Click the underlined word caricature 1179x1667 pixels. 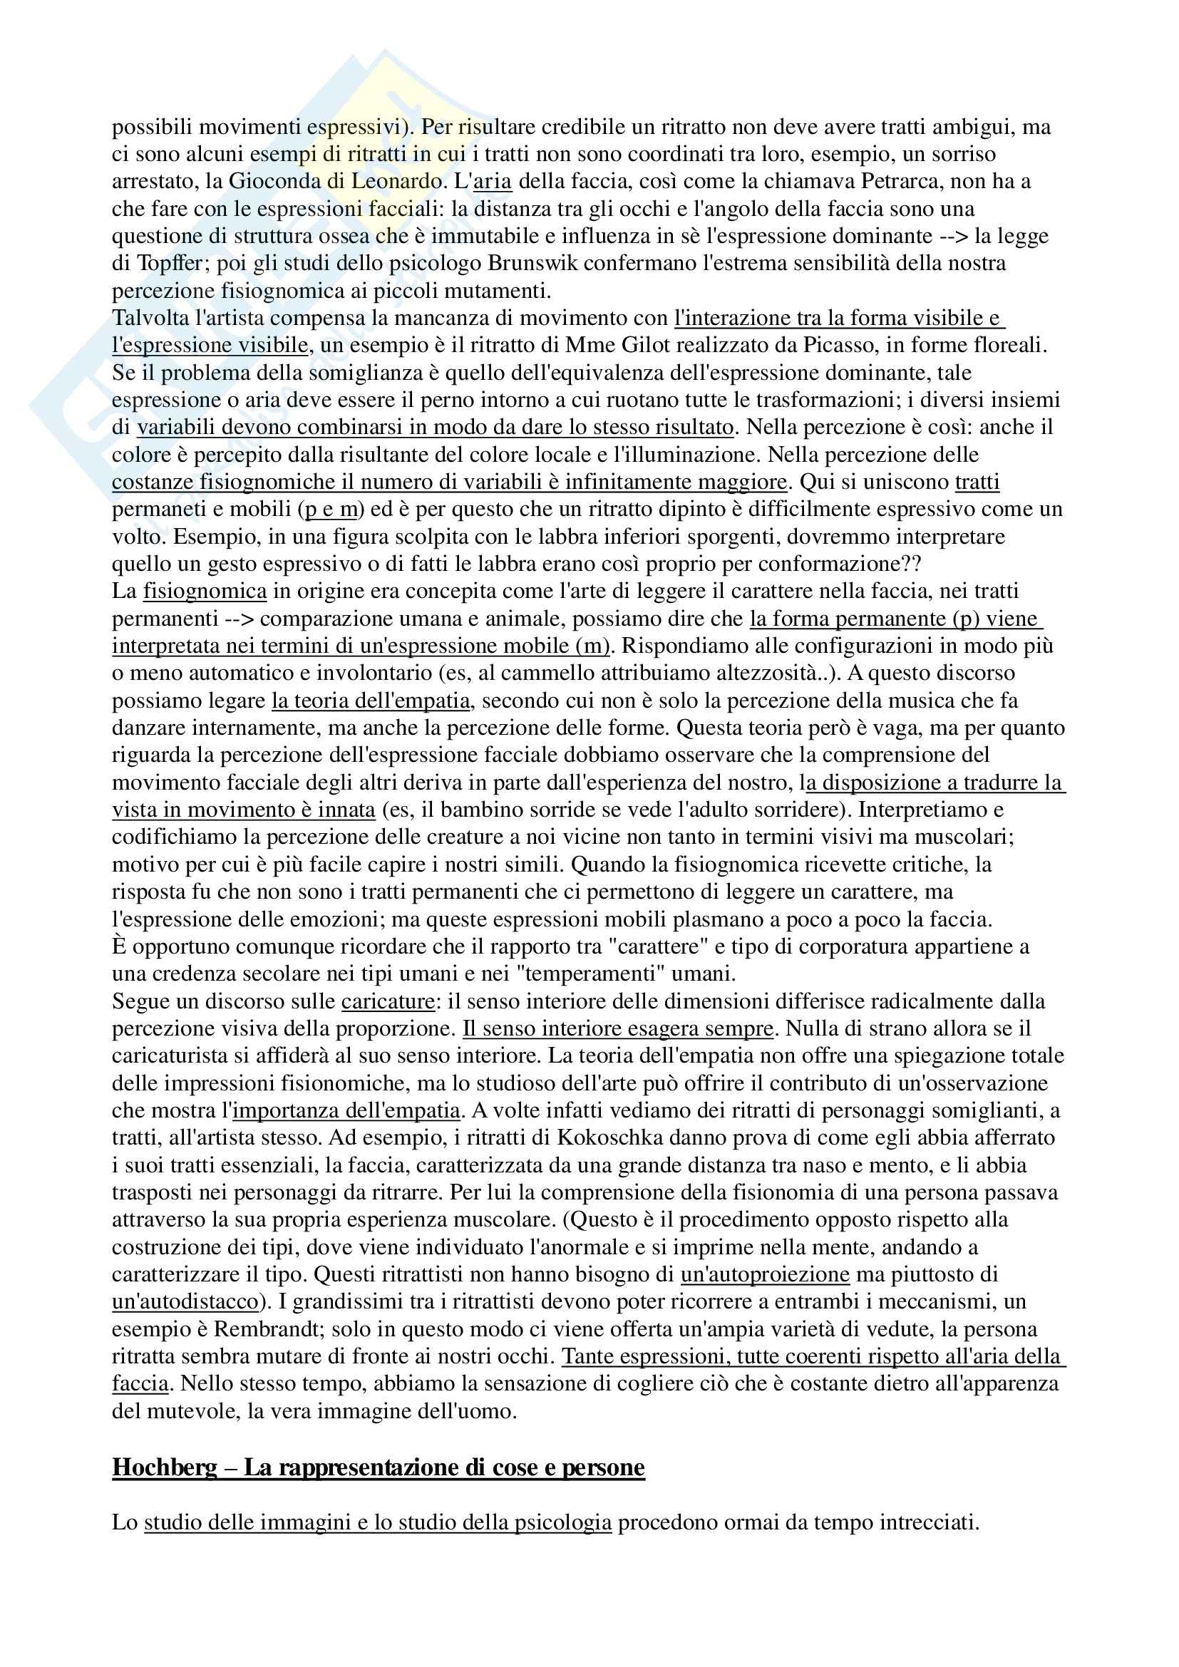coord(388,1001)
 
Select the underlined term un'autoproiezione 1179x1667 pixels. coord(764,1274)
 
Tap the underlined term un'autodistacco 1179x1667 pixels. coord(185,1302)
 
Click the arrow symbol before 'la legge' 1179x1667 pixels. coord(954,236)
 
